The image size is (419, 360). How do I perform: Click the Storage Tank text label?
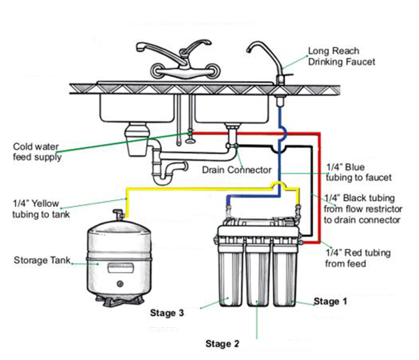(41, 261)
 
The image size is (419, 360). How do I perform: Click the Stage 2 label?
(222, 343)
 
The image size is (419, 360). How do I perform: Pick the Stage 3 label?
(167, 314)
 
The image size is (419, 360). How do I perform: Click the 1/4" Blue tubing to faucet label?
(359, 173)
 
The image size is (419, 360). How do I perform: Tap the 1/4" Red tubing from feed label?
(359, 258)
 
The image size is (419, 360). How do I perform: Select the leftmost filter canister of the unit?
(230, 276)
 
